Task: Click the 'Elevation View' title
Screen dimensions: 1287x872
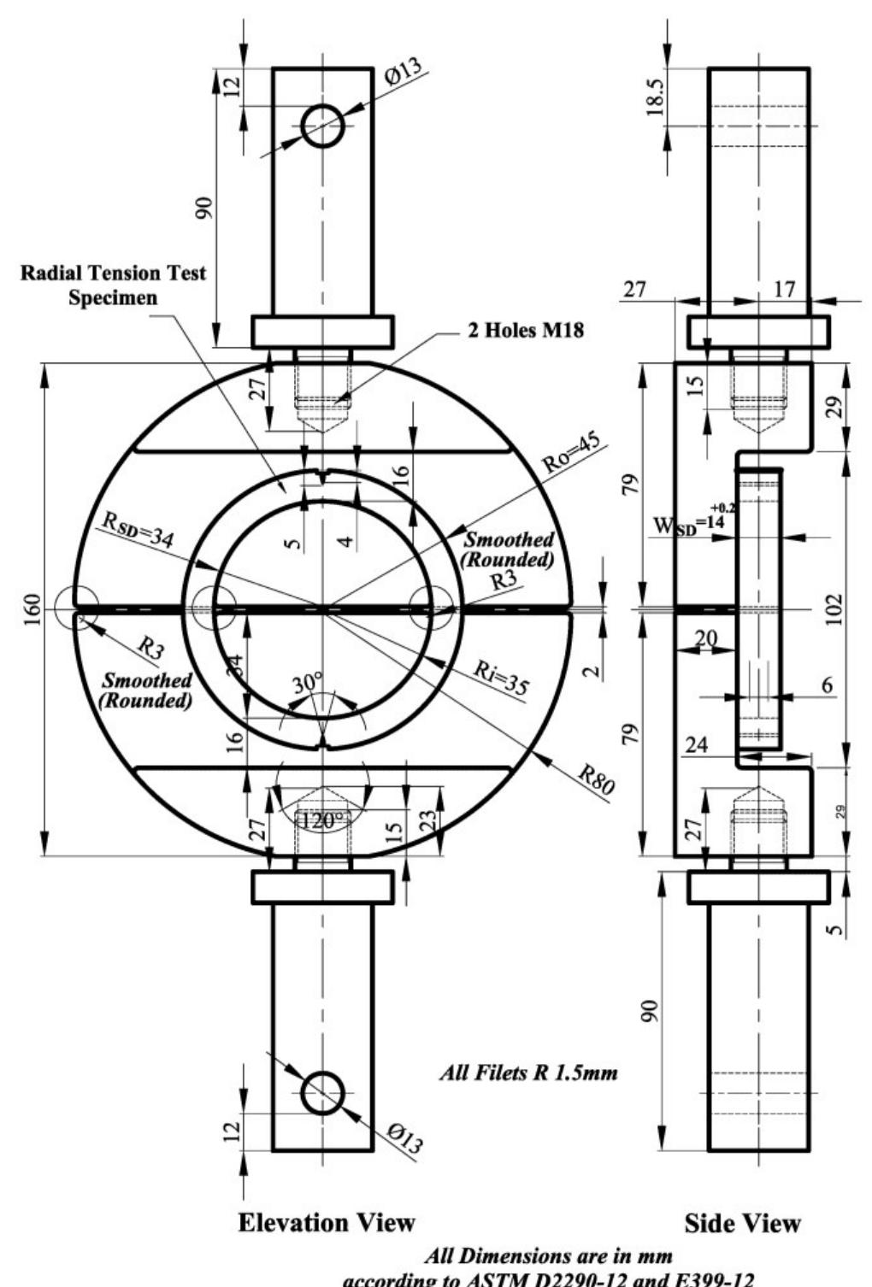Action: (x=327, y=1222)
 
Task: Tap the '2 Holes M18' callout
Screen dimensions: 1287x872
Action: (x=526, y=331)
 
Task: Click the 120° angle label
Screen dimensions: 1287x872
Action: (x=324, y=820)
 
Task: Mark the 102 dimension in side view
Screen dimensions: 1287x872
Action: (x=834, y=608)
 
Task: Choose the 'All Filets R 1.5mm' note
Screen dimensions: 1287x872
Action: (x=527, y=1072)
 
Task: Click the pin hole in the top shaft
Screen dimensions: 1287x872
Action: (x=322, y=126)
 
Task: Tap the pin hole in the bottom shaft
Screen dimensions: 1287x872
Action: (x=322, y=1091)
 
